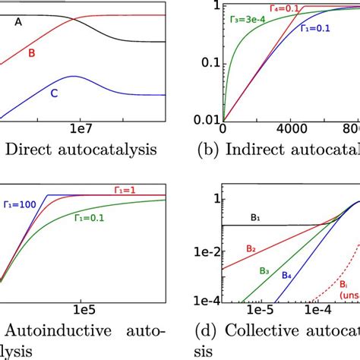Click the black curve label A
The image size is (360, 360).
tap(17, 22)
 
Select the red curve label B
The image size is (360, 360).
tap(31, 52)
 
